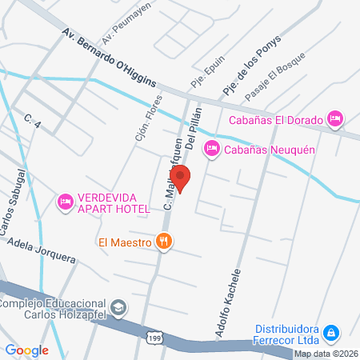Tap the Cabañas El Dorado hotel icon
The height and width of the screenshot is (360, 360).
(x=336, y=118)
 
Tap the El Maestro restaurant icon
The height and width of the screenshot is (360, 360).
(x=164, y=240)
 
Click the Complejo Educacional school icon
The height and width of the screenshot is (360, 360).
(x=118, y=308)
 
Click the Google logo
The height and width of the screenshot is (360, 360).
(x=26, y=350)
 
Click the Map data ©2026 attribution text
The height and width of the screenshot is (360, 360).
(x=324, y=354)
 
